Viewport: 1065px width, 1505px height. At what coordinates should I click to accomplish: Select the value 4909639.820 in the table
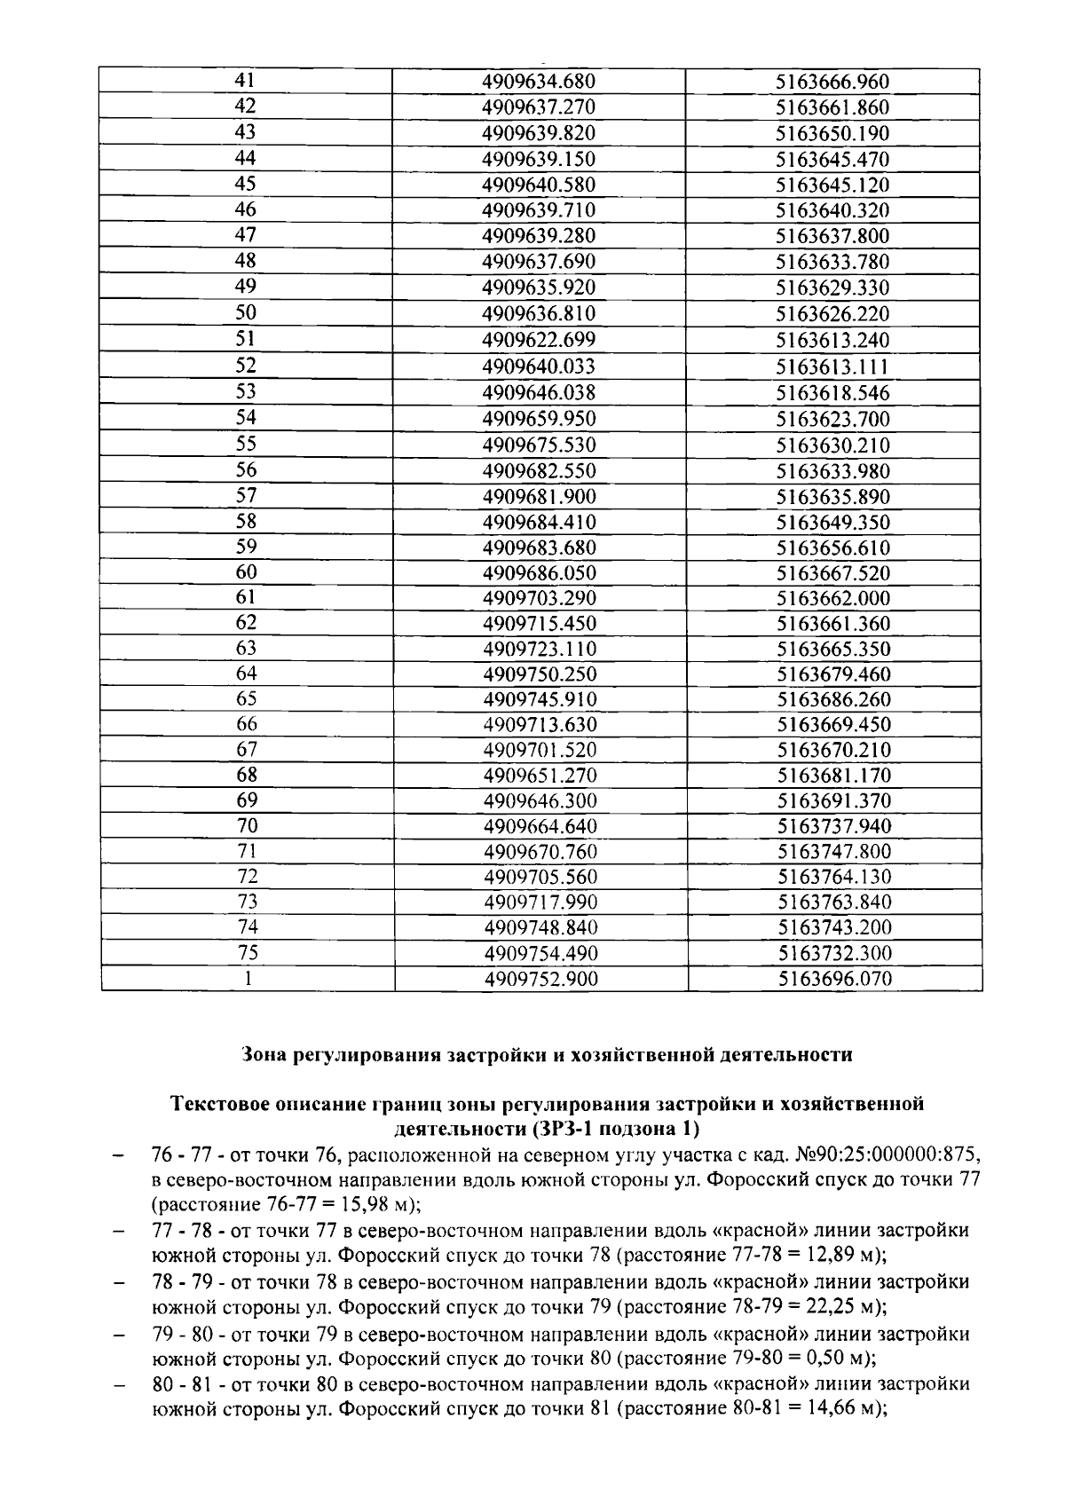pyautogui.click(x=538, y=133)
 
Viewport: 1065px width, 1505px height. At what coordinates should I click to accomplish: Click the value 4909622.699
pyautogui.click(x=539, y=340)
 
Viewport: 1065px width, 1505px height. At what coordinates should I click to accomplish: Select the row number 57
pyautogui.click(x=246, y=495)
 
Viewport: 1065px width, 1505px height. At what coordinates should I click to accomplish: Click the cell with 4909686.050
pyautogui.click(x=540, y=573)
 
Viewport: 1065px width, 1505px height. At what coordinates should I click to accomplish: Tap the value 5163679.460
pyautogui.click(x=834, y=674)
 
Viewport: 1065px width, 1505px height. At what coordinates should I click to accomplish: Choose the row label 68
pyautogui.click(x=247, y=775)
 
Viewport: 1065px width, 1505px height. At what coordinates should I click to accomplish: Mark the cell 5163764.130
pyautogui.click(x=835, y=878)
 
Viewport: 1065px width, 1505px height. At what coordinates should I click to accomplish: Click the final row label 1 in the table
pyautogui.click(x=248, y=979)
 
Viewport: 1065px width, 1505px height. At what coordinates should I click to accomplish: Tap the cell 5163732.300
pyautogui.click(x=835, y=954)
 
